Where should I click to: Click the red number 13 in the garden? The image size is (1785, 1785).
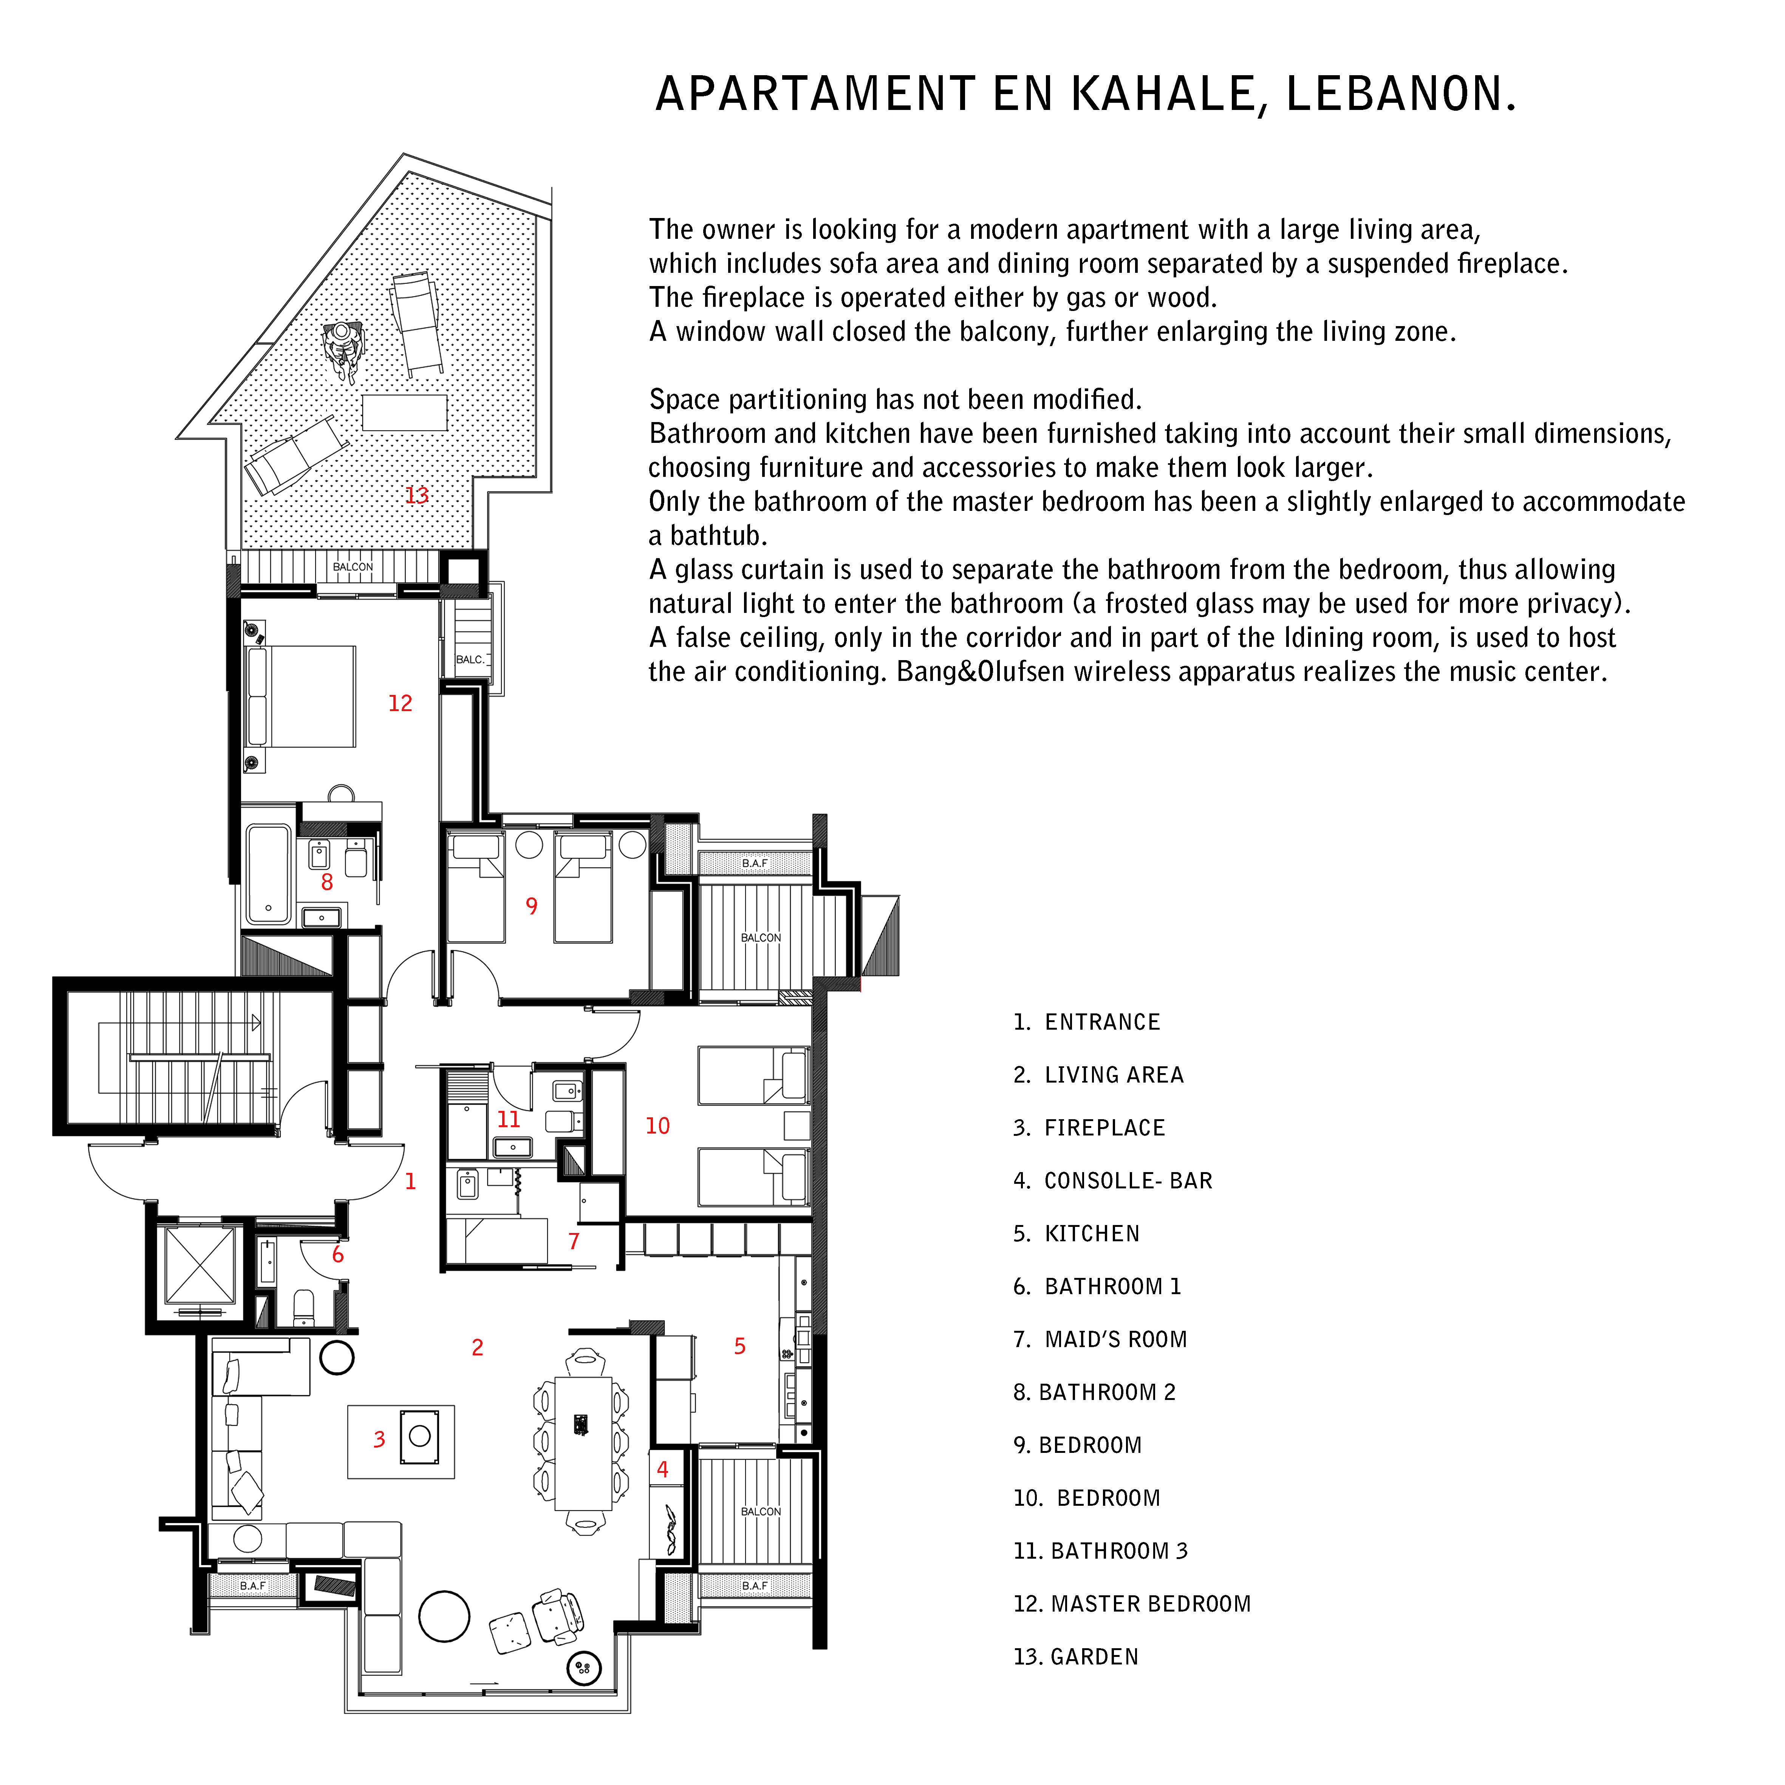pos(417,495)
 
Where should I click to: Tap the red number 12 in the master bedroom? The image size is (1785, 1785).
pos(400,703)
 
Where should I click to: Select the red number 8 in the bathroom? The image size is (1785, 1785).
pos(327,882)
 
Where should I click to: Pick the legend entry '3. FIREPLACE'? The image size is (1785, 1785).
pos(1089,1128)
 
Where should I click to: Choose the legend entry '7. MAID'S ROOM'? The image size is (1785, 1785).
pos(1100,1340)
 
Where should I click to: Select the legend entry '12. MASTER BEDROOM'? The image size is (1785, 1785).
pos(1132,1604)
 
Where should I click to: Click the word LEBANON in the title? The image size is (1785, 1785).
pos(1401,94)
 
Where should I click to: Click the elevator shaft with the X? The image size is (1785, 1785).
pos(200,1265)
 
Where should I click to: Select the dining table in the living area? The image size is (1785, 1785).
pos(583,1443)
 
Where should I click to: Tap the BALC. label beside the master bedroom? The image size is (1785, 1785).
pos(470,660)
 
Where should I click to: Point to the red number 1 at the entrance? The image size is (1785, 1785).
pos(410,1181)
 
